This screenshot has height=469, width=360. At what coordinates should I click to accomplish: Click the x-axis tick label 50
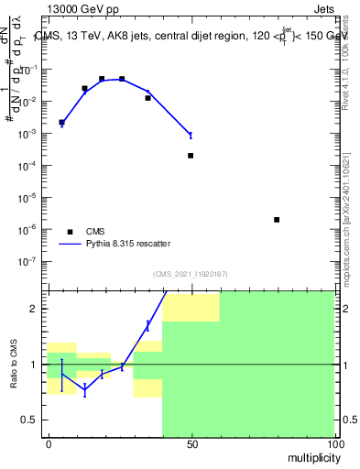point(191,443)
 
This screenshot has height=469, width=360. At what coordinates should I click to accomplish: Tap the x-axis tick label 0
point(49,443)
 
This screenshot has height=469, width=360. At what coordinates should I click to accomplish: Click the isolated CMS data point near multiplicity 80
point(277,220)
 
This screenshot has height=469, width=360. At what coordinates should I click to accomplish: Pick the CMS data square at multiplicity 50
point(191,156)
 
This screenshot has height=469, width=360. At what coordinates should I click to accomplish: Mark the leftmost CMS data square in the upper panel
point(61,122)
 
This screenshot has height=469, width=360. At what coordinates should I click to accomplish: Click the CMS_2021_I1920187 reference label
point(191,274)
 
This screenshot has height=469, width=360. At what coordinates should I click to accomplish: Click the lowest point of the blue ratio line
point(84,390)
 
